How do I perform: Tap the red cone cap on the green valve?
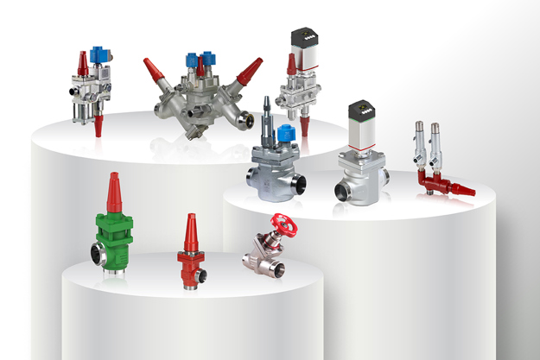pyautogui.click(x=113, y=193)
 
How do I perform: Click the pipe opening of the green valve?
pyautogui.click(x=98, y=254)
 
